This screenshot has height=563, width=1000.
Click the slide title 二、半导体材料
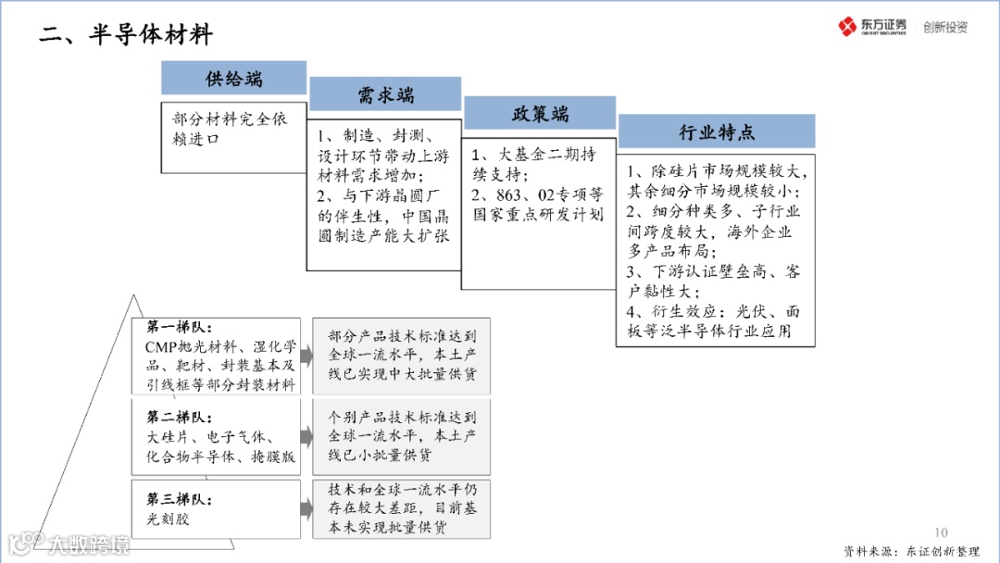127,35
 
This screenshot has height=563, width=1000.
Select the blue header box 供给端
233,78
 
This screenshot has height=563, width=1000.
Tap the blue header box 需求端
385,94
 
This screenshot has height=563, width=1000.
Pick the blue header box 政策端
540,114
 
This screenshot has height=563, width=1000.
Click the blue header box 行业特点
716,132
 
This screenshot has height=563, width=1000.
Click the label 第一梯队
179,327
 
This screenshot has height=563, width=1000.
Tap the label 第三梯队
179,499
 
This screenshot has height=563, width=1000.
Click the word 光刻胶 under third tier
168,519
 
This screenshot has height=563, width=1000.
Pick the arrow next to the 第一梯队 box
306,357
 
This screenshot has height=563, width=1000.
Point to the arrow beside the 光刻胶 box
306,509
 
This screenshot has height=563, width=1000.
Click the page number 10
942,532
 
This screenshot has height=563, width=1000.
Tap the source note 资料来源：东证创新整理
911,551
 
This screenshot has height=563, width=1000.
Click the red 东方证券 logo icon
847,27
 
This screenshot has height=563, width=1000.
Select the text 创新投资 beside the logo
944,27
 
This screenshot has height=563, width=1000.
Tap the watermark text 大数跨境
89,544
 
